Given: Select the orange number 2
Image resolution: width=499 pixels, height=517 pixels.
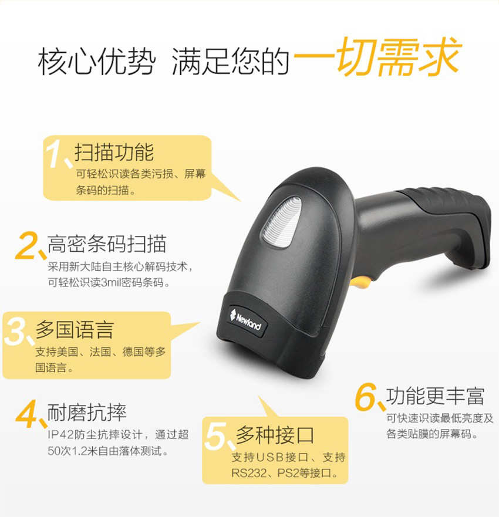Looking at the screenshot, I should click(27, 245).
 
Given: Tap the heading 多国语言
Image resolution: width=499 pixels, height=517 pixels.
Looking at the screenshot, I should click(75, 330).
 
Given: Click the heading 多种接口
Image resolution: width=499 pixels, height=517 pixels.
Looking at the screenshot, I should click(275, 435).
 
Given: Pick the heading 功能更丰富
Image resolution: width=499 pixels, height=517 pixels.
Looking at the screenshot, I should click(435, 396).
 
